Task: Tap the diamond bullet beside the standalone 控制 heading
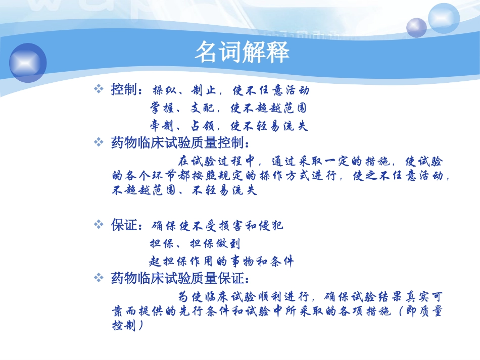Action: pos(99,90)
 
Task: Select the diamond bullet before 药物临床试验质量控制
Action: pos(99,142)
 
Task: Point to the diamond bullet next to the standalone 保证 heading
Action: pos(99,225)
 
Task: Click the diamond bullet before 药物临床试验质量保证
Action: pos(99,277)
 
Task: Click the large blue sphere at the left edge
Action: pos(28,63)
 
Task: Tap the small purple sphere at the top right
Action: pos(416,27)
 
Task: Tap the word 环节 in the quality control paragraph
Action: pos(168,176)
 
